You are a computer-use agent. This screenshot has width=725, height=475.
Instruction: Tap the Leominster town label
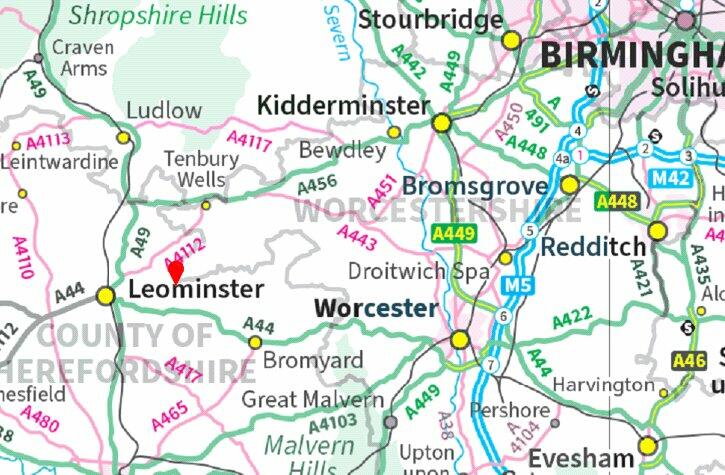point(197,290)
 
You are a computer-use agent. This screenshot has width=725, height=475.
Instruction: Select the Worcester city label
point(375,308)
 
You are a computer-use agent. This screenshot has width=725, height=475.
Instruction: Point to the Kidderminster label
point(343,106)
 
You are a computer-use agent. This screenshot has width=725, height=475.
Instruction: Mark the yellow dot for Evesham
point(648,446)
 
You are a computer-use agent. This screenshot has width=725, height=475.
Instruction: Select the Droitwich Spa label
point(419,272)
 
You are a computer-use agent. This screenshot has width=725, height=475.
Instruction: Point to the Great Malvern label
point(313,400)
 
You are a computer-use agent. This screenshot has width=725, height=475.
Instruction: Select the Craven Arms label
point(82,57)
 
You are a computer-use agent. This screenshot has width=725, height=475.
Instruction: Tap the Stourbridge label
point(430,19)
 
